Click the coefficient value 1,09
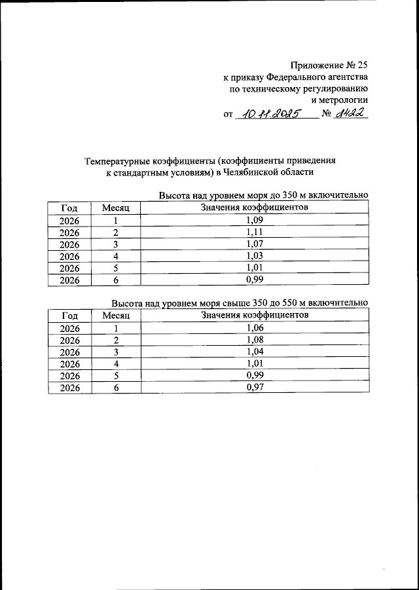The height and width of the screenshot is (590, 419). click(x=254, y=220)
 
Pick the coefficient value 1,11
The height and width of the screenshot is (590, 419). click(x=254, y=232)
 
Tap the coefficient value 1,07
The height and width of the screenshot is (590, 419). click(x=254, y=244)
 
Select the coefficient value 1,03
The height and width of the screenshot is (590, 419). click(x=254, y=255)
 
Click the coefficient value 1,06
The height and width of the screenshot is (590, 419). click(x=254, y=328)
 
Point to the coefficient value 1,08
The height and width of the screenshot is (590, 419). click(x=254, y=340)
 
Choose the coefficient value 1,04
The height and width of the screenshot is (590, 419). click(x=254, y=352)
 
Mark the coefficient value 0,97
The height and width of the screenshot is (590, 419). click(x=254, y=387)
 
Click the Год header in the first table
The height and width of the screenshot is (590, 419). click(x=69, y=208)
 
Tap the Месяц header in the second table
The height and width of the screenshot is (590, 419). click(x=116, y=316)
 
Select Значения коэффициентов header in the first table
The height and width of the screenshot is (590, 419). click(x=254, y=208)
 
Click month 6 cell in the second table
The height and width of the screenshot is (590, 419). click(x=116, y=388)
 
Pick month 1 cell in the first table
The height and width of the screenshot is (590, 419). click(x=116, y=221)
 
